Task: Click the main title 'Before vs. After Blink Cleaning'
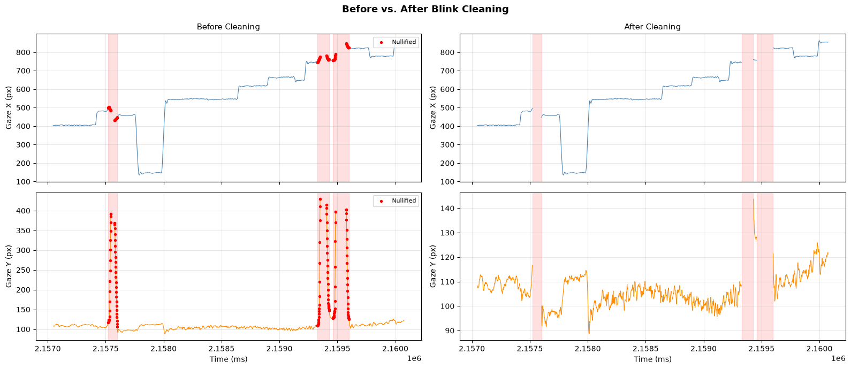425,9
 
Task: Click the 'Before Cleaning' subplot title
229,27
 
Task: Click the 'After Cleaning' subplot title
652,27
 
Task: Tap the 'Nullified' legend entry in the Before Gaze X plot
404,42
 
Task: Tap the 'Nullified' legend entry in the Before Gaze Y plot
404,201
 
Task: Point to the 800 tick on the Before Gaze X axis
23,53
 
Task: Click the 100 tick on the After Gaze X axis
447,182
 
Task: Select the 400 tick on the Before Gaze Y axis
23,211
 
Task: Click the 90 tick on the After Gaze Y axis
449,331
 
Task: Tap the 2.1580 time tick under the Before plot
164,349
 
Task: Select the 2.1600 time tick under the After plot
819,349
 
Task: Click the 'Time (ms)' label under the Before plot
229,359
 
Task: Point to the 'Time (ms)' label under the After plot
652,359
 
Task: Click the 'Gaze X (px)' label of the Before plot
9,108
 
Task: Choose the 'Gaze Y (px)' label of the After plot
432,266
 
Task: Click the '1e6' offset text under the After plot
838,358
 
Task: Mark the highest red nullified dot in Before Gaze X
346,44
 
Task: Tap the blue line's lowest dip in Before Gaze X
140,175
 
